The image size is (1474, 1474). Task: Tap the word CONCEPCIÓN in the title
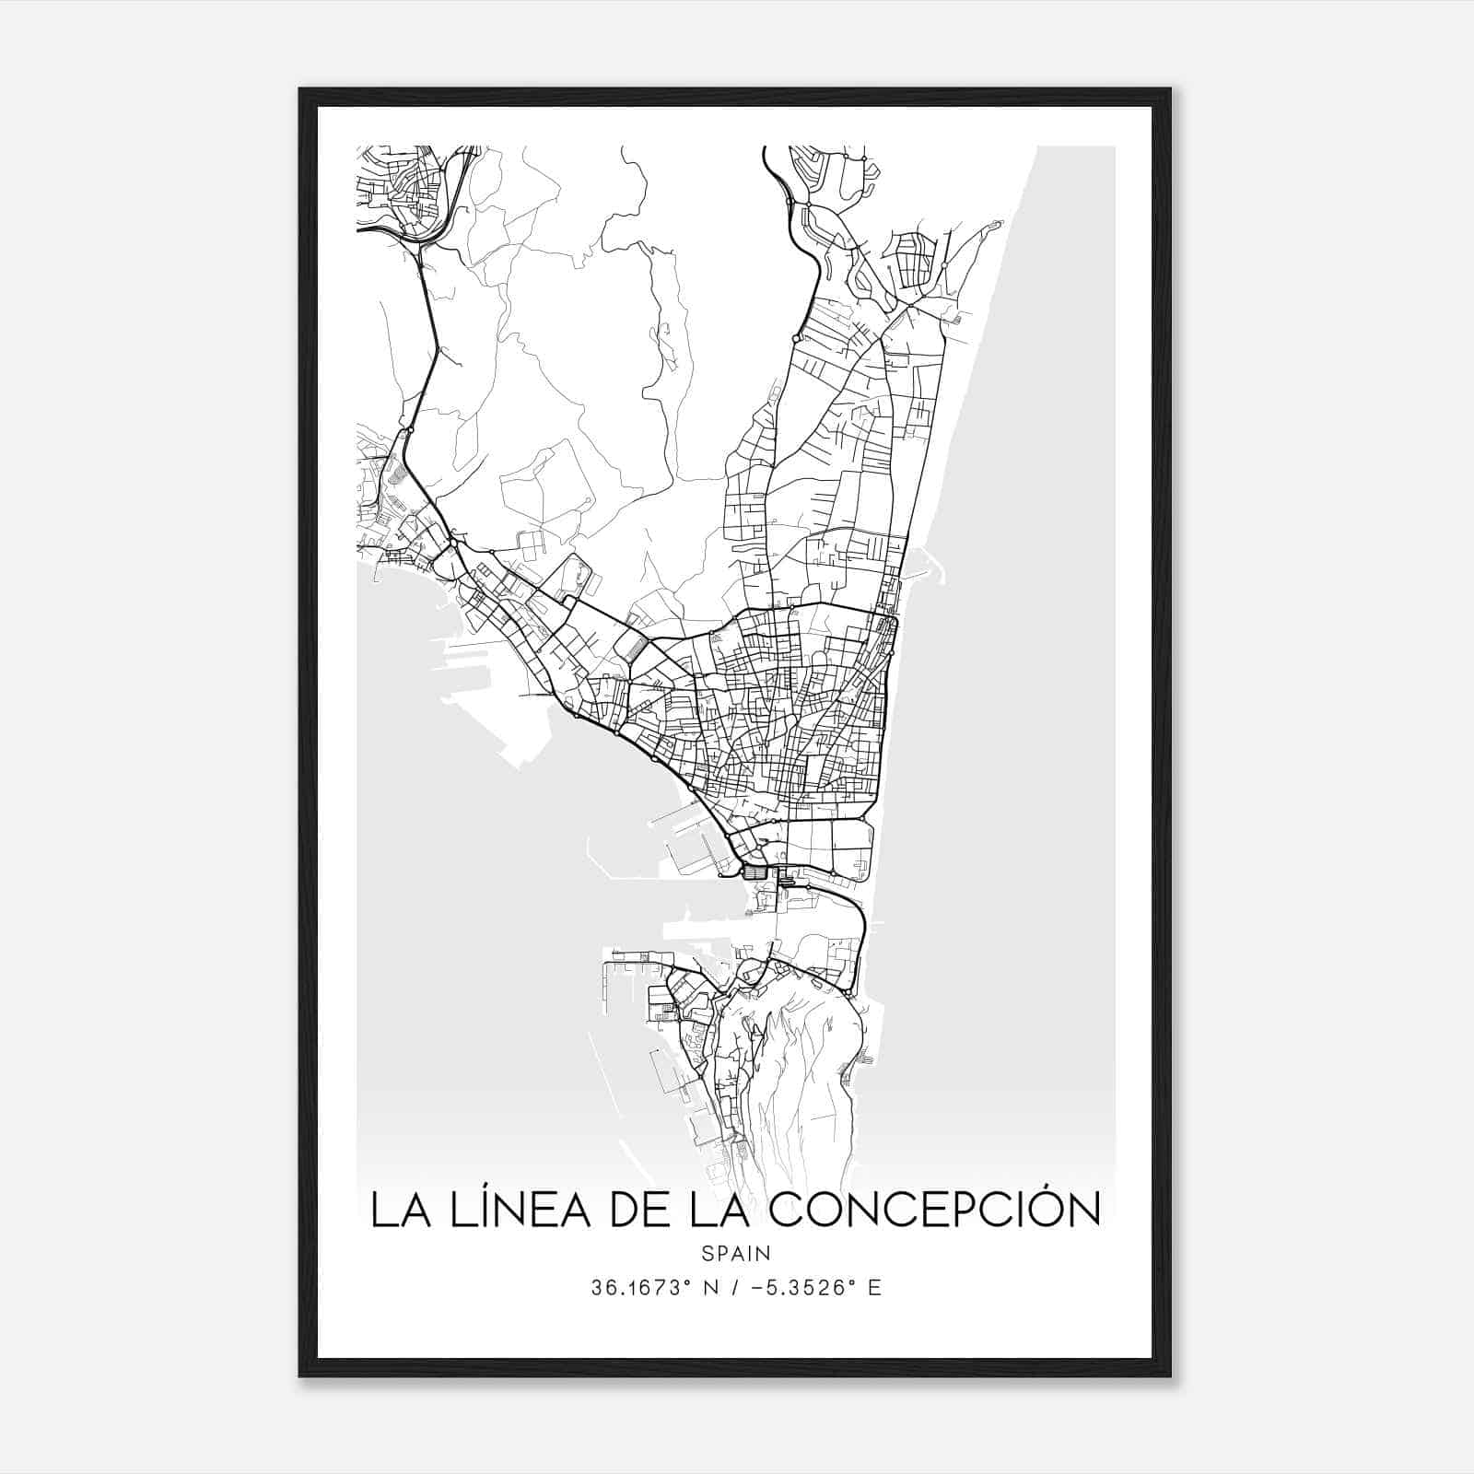pos(934,1210)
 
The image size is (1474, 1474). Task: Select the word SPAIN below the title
pos(735,1253)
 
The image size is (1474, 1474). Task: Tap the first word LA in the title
pos(395,1210)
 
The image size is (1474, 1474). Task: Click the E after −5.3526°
pos(874,1288)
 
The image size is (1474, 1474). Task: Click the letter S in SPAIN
pos(707,1253)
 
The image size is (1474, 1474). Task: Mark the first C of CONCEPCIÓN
pos(785,1210)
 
